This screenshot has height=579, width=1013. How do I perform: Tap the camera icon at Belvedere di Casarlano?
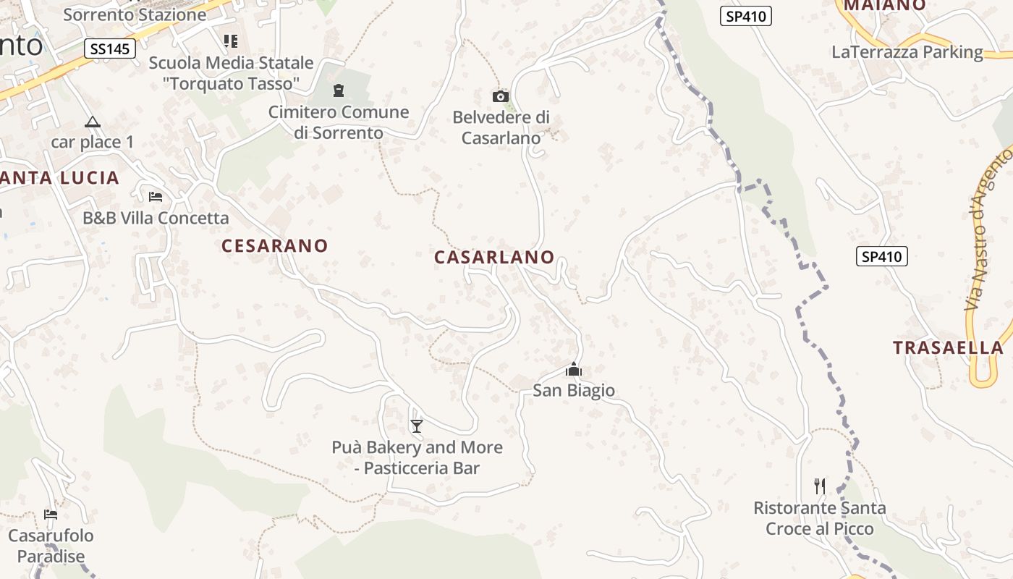[500, 96]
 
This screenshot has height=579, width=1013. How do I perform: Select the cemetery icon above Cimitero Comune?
[338, 90]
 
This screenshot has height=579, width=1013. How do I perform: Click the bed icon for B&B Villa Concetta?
[155, 196]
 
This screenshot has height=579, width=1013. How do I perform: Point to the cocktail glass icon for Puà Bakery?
[416, 426]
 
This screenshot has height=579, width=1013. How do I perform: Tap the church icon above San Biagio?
[574, 370]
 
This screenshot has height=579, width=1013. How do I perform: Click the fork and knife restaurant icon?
[820, 486]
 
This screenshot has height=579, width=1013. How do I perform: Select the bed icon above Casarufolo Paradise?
[51, 515]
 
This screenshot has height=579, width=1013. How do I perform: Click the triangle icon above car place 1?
[92, 122]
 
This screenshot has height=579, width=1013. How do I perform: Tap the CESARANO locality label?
[275, 246]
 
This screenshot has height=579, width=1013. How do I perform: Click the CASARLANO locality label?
[494, 257]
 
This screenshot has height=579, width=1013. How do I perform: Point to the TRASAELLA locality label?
[948, 347]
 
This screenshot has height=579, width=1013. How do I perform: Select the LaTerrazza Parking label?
[907, 52]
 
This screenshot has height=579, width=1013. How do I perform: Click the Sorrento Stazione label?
[135, 14]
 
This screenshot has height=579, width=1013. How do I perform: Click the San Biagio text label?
[574, 391]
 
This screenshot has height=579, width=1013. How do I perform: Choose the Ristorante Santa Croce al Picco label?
[820, 518]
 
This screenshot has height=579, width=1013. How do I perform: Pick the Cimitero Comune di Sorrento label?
[339, 122]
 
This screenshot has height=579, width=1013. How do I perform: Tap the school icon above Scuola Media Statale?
[231, 41]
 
